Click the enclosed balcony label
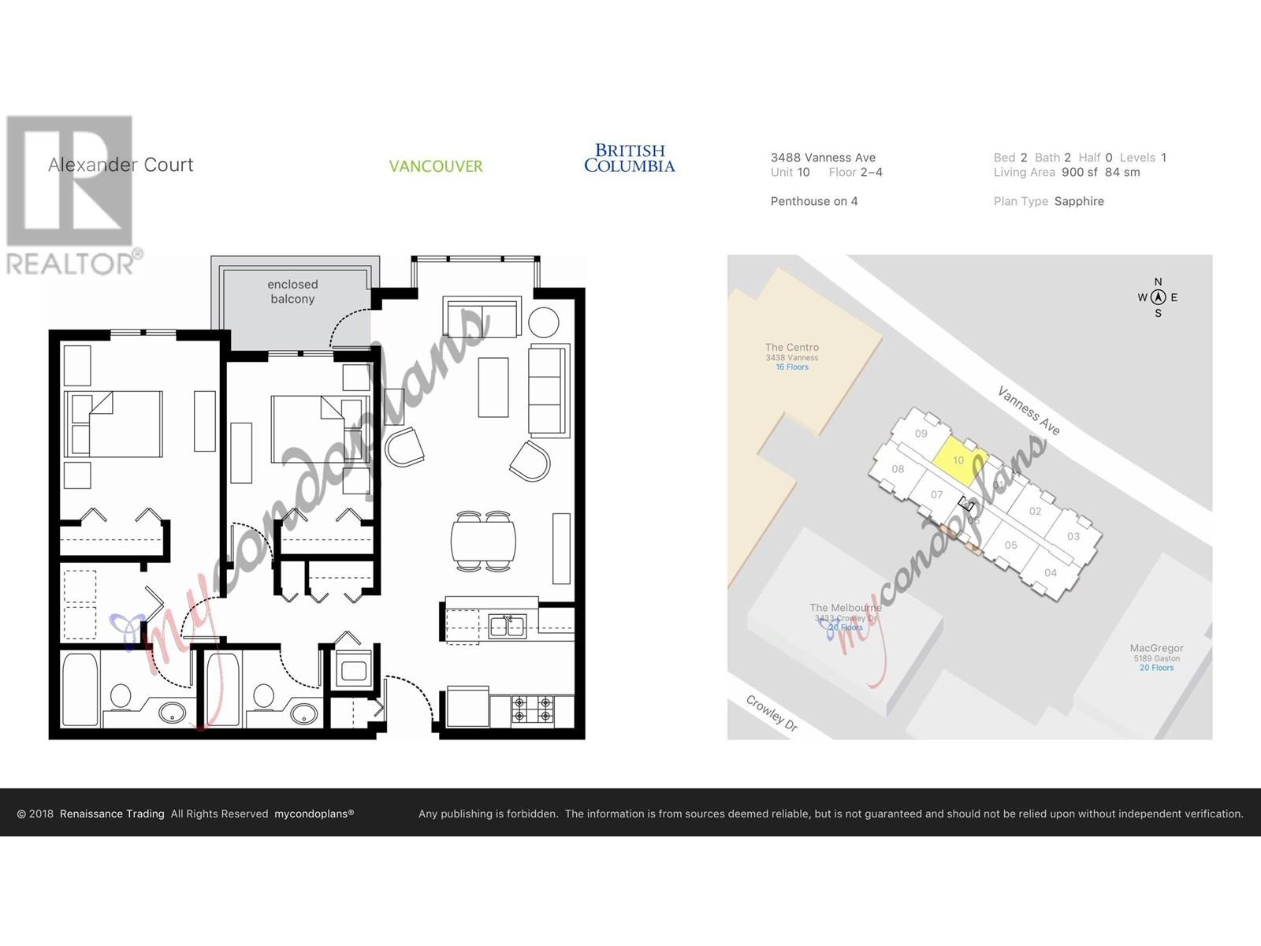point(292,292)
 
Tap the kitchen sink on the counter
point(507,627)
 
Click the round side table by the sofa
point(544,322)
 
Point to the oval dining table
point(483,542)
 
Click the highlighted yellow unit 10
point(959,460)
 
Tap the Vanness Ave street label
point(1029,410)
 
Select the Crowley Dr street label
point(772,713)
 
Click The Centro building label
point(791,348)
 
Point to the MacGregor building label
point(1156,649)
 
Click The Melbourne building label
point(846,608)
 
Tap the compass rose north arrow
point(1158,297)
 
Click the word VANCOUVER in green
point(436,166)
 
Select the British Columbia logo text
point(629,158)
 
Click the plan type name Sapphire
point(1079,201)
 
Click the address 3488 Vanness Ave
point(823,158)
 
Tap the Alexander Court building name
point(121,165)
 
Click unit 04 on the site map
point(1051,573)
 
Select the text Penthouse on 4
point(814,201)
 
